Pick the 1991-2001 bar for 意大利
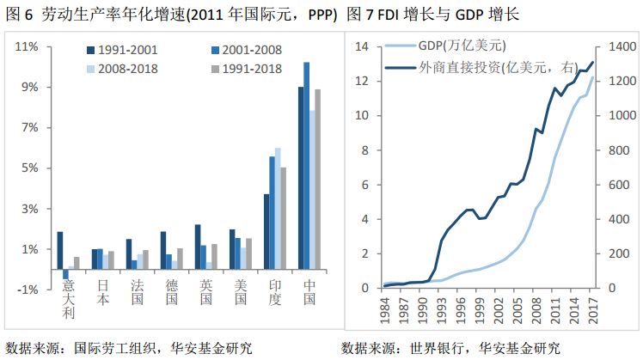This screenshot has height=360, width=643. point(59,250)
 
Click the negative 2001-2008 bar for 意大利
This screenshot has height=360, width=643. point(66,274)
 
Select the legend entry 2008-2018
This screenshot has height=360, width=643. point(124,68)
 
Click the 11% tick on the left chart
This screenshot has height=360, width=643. point(27,46)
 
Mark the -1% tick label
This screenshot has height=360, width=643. point(27,290)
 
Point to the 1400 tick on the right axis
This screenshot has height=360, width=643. point(621,46)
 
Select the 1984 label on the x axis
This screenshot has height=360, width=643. point(383,308)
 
